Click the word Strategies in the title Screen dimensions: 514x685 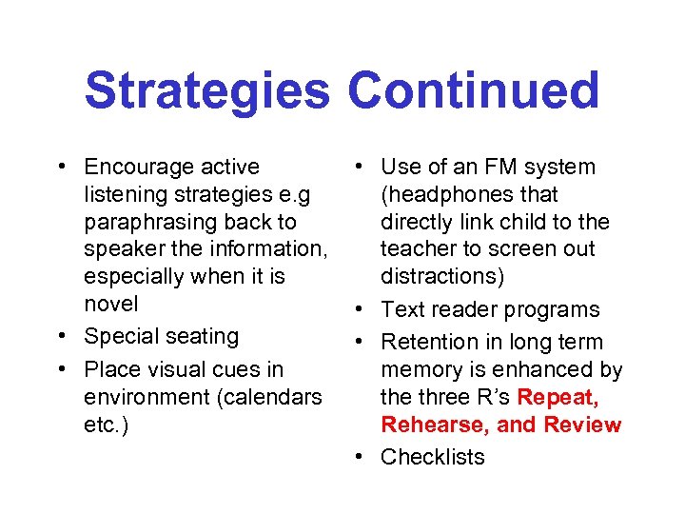pos(206,90)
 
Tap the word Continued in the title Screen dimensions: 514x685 pos(473,90)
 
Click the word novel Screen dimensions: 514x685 pos(110,304)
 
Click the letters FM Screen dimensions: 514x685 pos(483,168)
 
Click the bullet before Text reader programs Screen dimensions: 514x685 pos(358,309)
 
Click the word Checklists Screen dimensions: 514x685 pos(432,457)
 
